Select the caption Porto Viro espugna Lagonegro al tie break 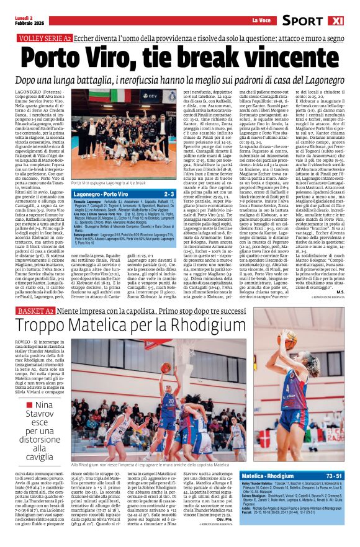tap(109, 184)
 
